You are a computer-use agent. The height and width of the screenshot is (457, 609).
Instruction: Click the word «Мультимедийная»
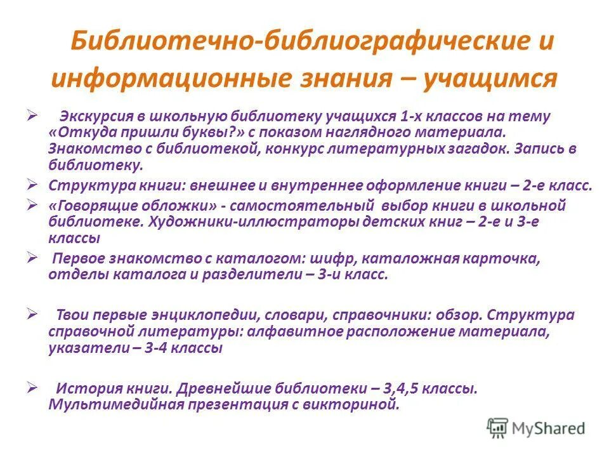pos(115,404)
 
